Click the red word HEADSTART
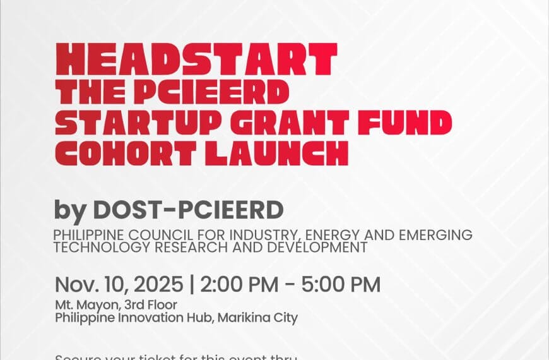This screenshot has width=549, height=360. (x=196, y=59)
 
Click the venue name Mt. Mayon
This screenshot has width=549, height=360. (x=78, y=306)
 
